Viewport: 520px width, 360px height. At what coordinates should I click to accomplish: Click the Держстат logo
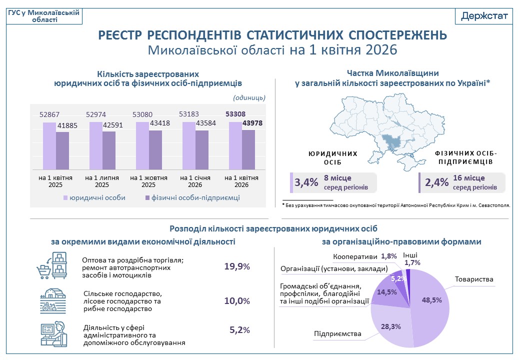point(484,15)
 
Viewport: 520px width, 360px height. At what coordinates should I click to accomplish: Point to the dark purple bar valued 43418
point(155,149)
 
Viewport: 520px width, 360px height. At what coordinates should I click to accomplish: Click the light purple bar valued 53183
point(188,145)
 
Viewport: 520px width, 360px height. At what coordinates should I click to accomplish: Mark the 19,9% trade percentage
point(237,266)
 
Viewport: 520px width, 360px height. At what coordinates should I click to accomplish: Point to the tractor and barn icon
point(52,300)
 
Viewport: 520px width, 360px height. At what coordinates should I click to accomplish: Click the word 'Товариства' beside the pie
point(474,279)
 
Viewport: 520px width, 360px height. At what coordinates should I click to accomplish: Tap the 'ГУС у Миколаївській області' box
point(44,16)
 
